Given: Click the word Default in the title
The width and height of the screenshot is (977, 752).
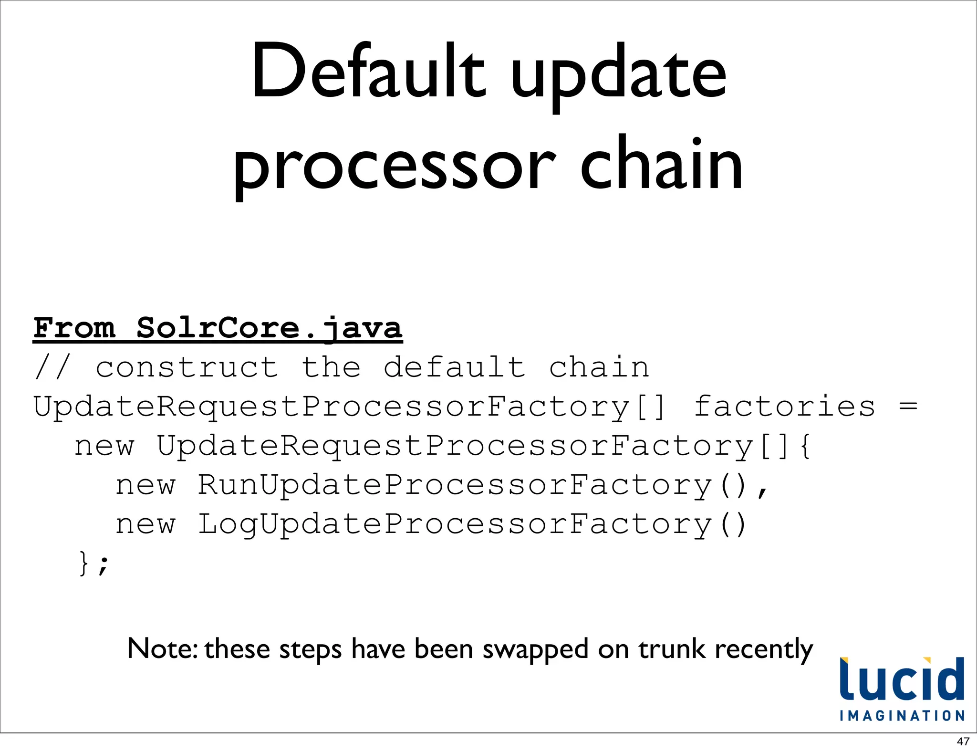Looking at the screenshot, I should pyautogui.click(x=368, y=72).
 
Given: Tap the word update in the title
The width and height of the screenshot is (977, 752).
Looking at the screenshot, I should pyautogui.click(x=618, y=76).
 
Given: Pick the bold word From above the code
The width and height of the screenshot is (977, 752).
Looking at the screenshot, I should pyautogui.click(x=74, y=328).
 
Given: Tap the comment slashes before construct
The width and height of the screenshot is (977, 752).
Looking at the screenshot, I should pyautogui.click(x=52, y=368).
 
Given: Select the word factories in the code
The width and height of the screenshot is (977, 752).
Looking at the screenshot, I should pyautogui.click(x=784, y=407).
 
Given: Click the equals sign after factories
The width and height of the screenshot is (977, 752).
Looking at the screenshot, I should pyautogui.click(x=908, y=407).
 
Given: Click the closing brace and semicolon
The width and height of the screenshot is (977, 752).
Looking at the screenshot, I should pyautogui.click(x=94, y=564).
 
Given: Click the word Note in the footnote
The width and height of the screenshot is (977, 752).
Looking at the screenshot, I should pyautogui.click(x=162, y=649).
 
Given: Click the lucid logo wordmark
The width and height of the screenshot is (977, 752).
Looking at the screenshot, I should pyautogui.click(x=902, y=679).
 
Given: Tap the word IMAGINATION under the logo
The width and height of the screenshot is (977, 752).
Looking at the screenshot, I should pyautogui.click(x=902, y=716).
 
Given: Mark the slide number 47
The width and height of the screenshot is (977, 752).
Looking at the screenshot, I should pyautogui.click(x=963, y=742).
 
